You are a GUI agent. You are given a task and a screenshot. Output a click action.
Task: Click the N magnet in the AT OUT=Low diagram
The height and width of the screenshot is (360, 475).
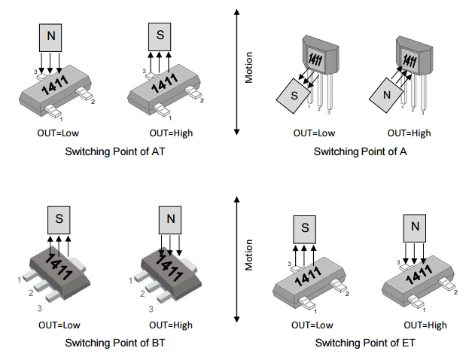(50, 35)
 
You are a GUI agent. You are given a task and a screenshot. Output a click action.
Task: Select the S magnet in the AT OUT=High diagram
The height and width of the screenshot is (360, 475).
(160, 35)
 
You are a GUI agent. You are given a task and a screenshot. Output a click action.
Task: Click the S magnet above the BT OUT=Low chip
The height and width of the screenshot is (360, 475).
(59, 219)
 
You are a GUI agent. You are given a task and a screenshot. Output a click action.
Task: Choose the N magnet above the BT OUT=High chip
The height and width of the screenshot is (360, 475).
(170, 219)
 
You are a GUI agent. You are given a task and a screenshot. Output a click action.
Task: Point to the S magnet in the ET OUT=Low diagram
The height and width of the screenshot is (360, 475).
(305, 227)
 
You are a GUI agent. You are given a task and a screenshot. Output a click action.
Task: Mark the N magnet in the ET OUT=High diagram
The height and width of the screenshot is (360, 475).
(416, 227)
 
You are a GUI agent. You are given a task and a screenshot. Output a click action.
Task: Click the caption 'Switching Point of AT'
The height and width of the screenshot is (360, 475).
(114, 152)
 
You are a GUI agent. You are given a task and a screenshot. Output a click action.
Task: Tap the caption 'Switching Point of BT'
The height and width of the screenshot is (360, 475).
(114, 343)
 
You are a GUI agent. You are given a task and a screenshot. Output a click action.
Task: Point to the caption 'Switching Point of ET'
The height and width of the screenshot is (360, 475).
(364, 343)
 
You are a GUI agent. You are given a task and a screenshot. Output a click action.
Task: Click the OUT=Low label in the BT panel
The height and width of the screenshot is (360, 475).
(59, 325)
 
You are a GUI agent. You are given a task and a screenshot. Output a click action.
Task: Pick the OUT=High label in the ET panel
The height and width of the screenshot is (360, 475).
(425, 325)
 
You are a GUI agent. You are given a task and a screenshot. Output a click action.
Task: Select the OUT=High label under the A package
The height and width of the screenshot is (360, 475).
(410, 133)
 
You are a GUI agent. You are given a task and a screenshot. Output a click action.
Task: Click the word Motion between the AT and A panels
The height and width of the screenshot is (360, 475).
(249, 68)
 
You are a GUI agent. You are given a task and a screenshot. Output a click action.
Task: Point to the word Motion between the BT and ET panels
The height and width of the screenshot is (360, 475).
(249, 255)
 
